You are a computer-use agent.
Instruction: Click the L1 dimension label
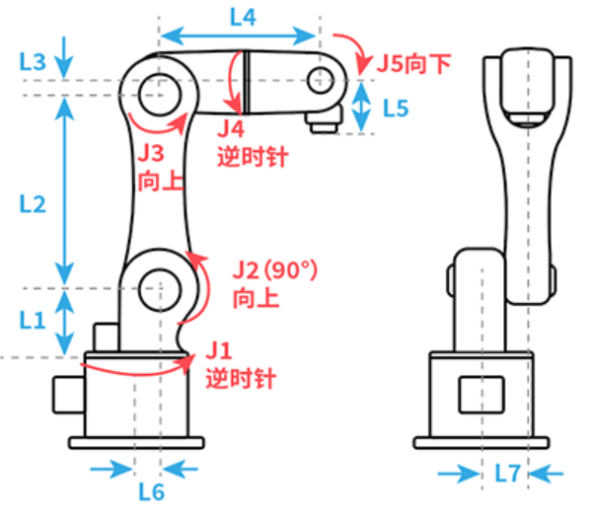(33, 320)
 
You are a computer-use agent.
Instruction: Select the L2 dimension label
(33, 204)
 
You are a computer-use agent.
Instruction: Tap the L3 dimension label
(33, 61)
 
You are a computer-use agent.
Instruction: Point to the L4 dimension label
(242, 17)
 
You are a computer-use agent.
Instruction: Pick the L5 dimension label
(395, 109)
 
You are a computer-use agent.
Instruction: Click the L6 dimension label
(151, 489)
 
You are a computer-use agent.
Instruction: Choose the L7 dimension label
(507, 474)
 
